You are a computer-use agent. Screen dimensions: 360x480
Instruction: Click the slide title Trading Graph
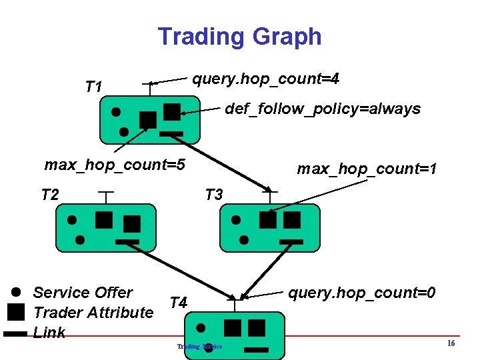239,37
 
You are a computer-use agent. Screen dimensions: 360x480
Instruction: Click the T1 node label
94,87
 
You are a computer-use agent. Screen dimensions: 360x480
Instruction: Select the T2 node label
50,195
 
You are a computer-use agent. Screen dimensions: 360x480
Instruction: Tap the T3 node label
213,195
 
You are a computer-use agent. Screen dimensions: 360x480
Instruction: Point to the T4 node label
178,303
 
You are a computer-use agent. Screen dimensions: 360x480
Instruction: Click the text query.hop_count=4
266,79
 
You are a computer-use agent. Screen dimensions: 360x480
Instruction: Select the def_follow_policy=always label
323,109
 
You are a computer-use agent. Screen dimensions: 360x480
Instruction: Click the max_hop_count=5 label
114,164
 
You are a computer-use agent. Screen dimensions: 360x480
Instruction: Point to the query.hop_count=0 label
362,292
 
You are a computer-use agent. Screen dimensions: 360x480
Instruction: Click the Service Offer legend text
83,292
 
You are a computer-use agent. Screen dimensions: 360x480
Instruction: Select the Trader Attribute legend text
93,312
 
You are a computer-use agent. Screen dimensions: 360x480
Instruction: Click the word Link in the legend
49,332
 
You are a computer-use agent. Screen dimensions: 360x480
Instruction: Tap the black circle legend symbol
17,292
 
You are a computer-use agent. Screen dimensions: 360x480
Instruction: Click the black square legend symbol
17,311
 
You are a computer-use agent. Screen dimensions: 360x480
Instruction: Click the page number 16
451,343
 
